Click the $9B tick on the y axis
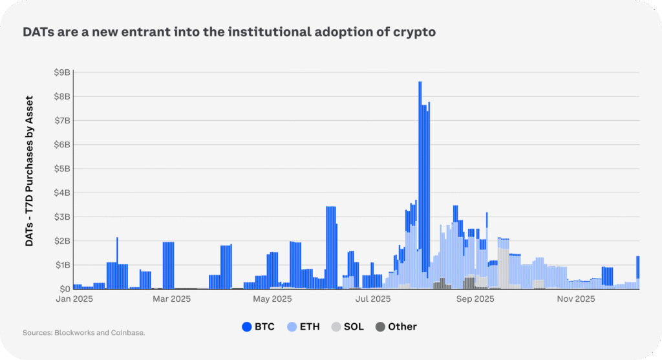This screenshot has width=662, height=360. (x=62, y=72)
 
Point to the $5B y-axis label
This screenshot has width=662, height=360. (x=62, y=169)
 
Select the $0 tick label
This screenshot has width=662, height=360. (x=65, y=289)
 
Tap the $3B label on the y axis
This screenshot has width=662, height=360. (x=62, y=217)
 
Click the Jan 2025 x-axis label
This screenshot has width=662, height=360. (x=74, y=299)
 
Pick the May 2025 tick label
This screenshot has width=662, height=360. (x=272, y=299)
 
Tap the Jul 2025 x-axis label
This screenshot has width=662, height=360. (x=372, y=299)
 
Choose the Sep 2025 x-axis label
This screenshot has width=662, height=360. (x=475, y=299)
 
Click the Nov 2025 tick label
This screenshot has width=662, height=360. (x=576, y=299)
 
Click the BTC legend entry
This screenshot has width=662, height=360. (x=258, y=326)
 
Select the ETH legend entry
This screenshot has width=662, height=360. (x=303, y=326)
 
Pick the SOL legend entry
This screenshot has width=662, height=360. (x=347, y=326)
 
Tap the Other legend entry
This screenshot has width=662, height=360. (x=395, y=326)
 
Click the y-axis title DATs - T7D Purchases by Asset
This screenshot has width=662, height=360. (x=29, y=171)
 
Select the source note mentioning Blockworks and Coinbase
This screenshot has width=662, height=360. (x=83, y=333)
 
